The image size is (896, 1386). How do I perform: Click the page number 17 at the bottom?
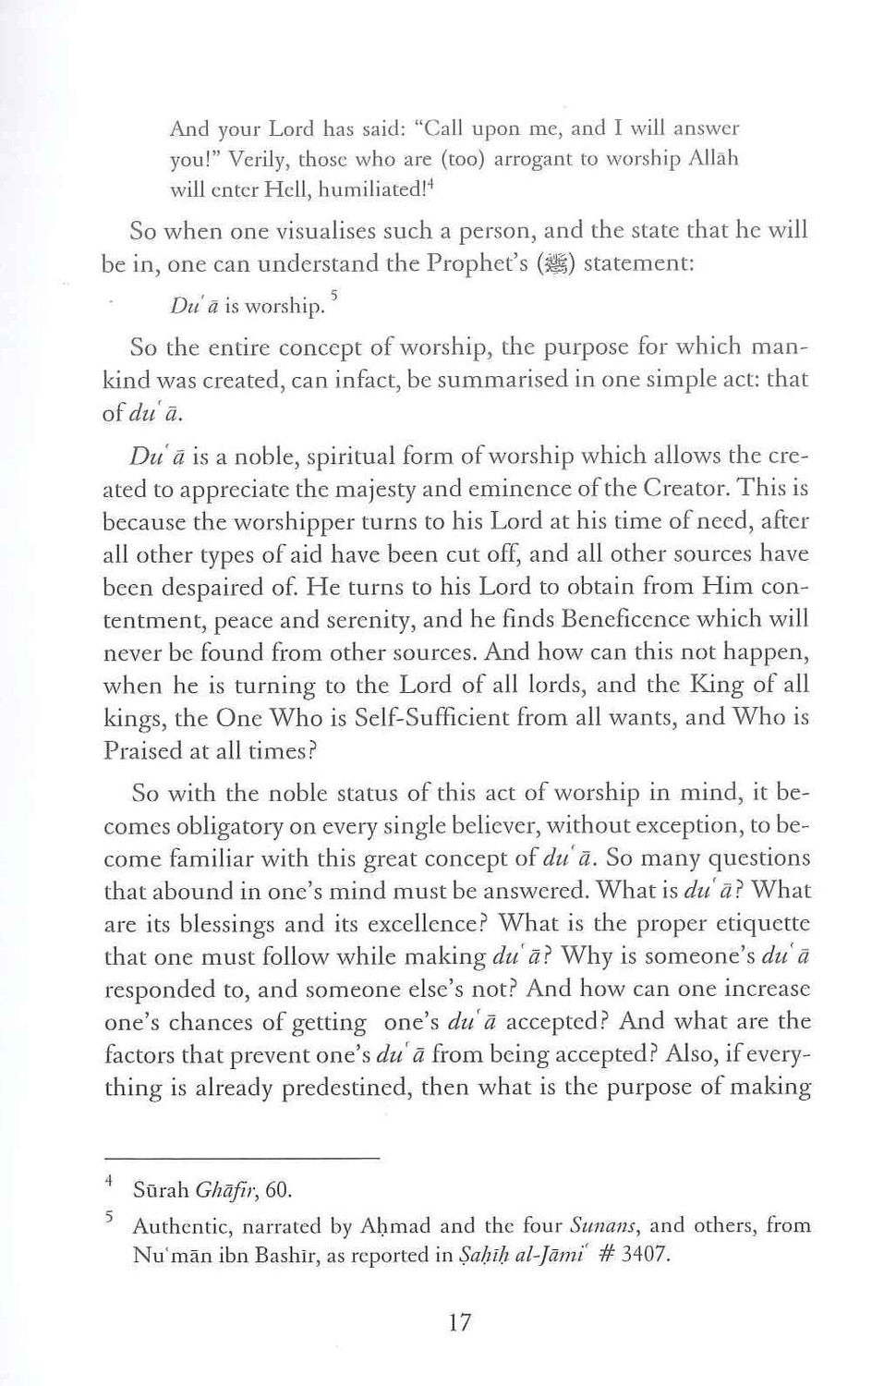459,1323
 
